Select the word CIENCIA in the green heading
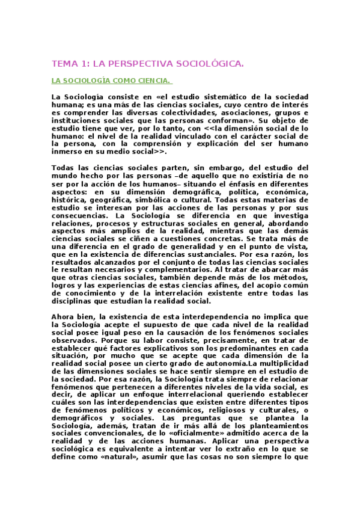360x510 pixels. pos(152,80)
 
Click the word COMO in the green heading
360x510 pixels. pos(121,80)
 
